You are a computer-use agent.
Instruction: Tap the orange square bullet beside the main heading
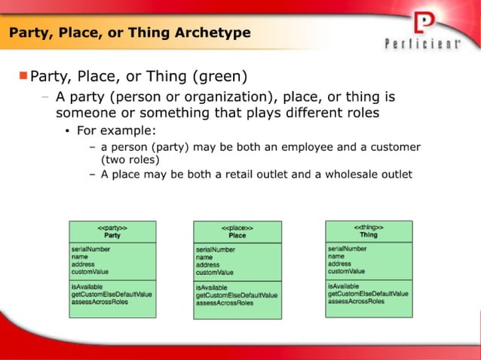pos(23,75)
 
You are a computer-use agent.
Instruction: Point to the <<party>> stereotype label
pos(112,227)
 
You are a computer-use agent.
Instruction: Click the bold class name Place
pos(237,236)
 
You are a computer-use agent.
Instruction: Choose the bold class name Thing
pos(369,235)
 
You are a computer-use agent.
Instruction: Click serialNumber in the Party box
pos(91,249)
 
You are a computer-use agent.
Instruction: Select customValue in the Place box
pos(215,273)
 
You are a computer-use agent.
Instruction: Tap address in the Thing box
pos(340,264)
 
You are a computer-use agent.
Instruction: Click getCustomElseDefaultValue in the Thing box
pos(368,294)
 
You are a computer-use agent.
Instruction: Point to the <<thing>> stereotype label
pos(369,227)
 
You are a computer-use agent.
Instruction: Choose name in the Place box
pos(204,257)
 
